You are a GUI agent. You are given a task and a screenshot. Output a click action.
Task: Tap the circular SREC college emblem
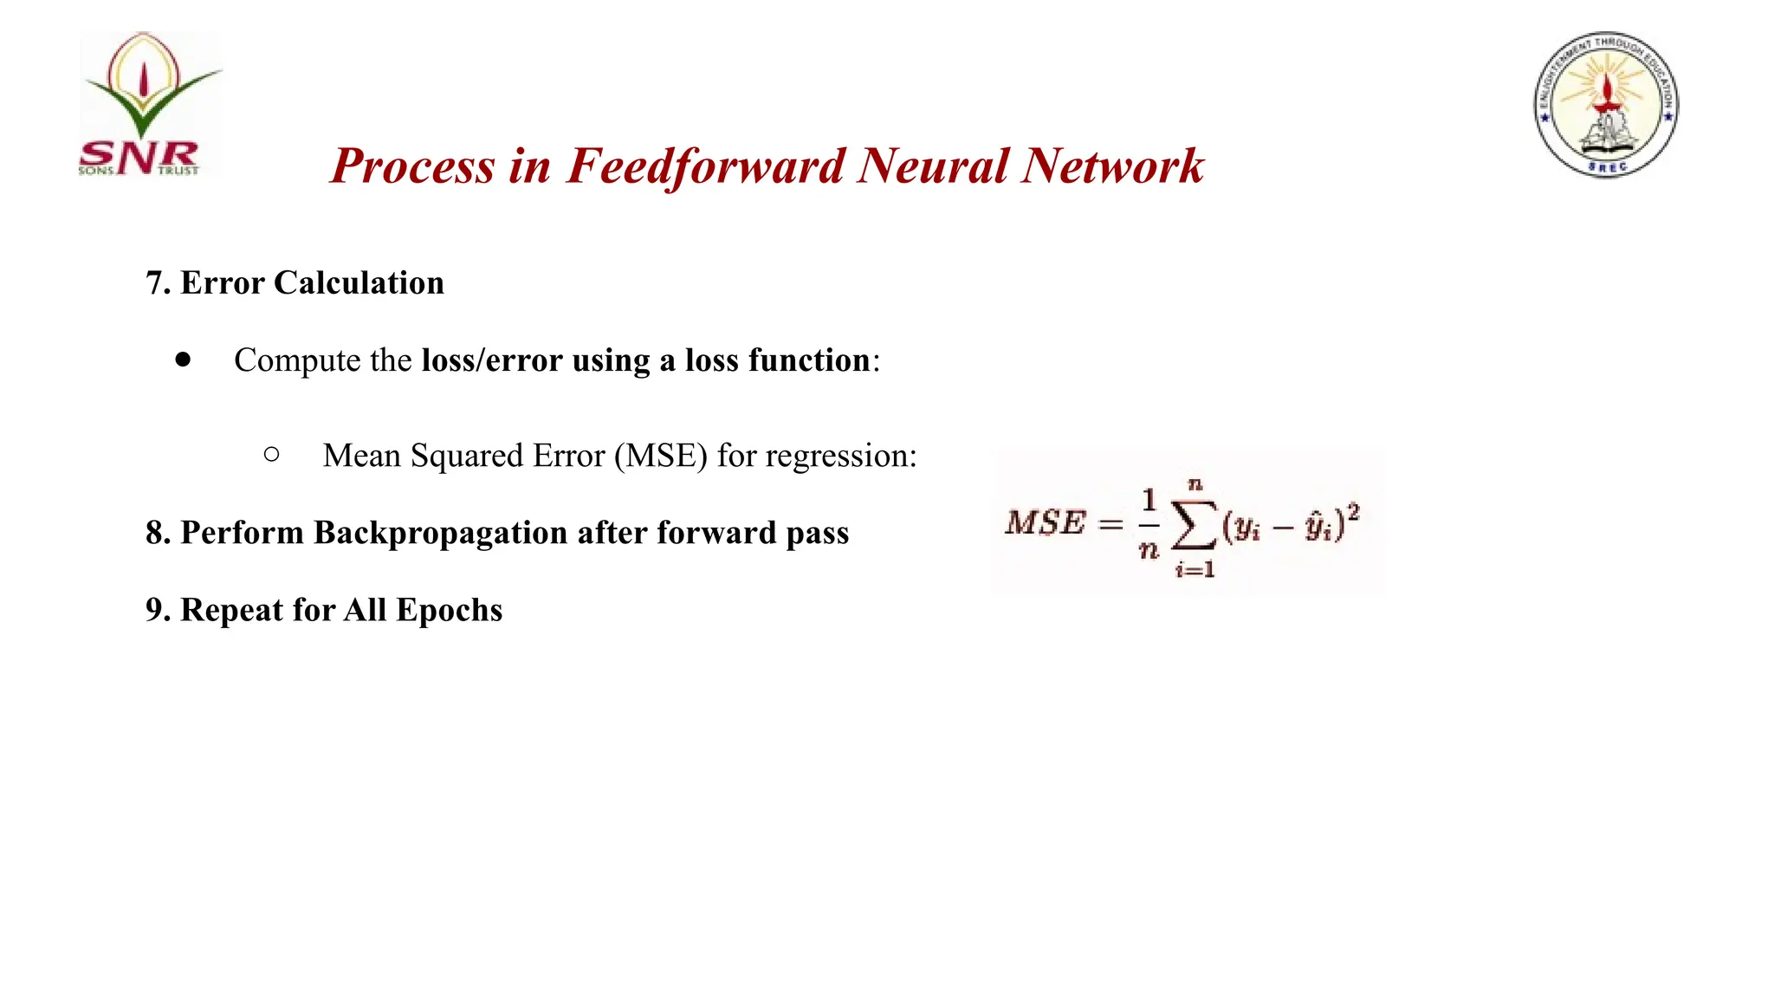click(1606, 105)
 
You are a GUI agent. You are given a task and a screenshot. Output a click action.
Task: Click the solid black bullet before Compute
click(183, 360)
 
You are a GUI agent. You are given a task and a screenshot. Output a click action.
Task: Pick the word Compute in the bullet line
click(297, 360)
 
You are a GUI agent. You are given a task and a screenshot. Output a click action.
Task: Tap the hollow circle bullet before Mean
click(271, 454)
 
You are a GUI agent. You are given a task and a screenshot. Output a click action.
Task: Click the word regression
click(837, 457)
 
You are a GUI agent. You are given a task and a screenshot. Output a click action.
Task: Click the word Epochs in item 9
click(449, 611)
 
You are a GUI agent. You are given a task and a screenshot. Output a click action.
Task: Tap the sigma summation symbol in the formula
click(1194, 525)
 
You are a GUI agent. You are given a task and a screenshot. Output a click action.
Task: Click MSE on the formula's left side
click(1045, 522)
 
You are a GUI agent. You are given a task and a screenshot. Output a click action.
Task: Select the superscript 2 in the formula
click(1353, 513)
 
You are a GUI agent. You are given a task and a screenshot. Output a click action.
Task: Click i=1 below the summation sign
click(1195, 570)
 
